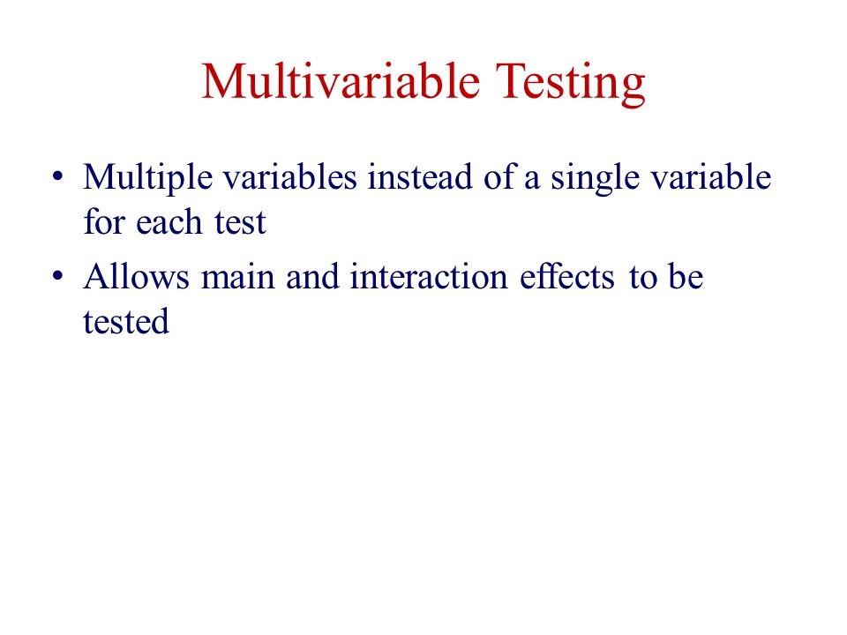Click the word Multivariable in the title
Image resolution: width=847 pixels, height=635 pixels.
(x=341, y=81)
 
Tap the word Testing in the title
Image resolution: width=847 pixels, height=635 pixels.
(x=571, y=84)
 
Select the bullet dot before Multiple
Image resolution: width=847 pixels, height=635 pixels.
(x=58, y=176)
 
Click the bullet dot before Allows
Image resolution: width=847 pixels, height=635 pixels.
(x=58, y=276)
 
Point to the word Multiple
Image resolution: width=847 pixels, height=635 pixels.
(x=147, y=178)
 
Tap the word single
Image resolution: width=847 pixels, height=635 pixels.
(x=595, y=178)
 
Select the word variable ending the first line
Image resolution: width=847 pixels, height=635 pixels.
(x=710, y=176)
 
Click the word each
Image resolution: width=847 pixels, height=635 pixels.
(x=169, y=221)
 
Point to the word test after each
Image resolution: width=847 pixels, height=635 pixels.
(x=240, y=223)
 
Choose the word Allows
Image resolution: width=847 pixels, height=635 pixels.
(x=136, y=276)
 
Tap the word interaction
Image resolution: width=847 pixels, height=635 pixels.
(x=429, y=276)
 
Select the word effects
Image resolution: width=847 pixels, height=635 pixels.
(x=566, y=276)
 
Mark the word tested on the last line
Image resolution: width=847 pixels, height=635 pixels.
(x=126, y=321)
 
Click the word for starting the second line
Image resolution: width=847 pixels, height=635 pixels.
(x=104, y=221)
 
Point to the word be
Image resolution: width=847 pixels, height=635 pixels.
(x=686, y=276)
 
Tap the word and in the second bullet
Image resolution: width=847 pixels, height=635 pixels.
(x=312, y=276)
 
